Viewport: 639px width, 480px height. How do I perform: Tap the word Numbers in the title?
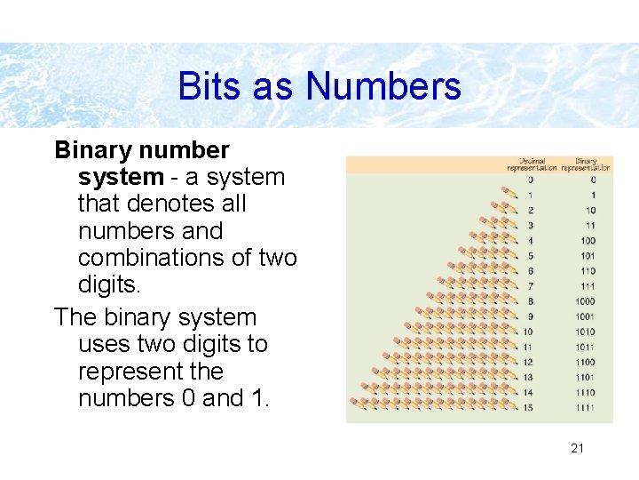(383, 87)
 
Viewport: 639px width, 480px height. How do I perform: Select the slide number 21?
(577, 448)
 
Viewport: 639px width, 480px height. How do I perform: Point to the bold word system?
(121, 177)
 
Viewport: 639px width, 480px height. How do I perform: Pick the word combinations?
(155, 258)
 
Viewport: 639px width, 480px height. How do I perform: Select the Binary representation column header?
(585, 164)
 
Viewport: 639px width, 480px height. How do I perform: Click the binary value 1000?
(585, 301)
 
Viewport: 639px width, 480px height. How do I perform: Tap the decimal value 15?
(528, 407)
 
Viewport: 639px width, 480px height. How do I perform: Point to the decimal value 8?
(530, 301)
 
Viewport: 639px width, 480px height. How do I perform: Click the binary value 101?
(587, 256)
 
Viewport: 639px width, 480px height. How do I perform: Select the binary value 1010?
(585, 332)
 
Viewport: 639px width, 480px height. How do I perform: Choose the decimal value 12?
(528, 362)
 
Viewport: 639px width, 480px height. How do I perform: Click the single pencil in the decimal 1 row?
(509, 193)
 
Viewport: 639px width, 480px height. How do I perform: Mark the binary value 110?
(587, 271)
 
